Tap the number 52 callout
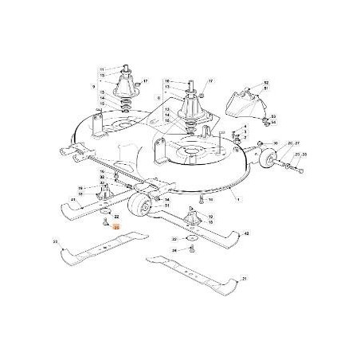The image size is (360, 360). click(267, 82)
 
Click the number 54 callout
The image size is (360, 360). click(273, 123)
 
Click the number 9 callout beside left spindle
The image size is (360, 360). click(94, 85)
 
